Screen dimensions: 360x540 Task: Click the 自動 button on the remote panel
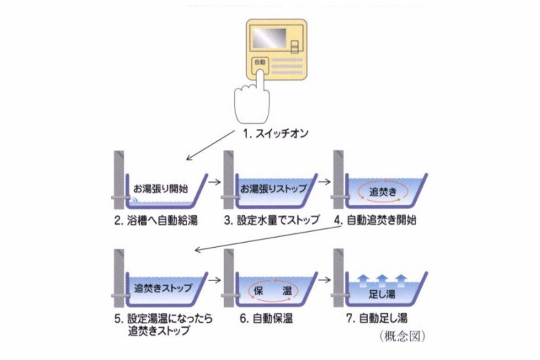click(x=260, y=63)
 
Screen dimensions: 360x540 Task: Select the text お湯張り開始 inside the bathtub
click(x=160, y=189)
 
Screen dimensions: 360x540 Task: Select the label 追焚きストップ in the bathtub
click(x=163, y=288)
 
